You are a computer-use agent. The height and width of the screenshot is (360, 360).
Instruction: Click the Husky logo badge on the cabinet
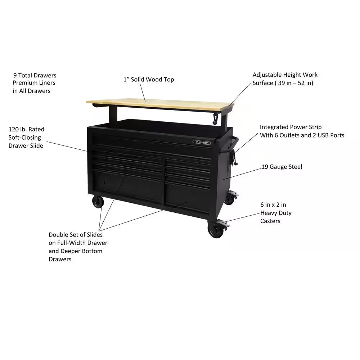tap(202, 142)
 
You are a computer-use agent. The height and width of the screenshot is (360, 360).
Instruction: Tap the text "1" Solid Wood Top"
tap(149, 79)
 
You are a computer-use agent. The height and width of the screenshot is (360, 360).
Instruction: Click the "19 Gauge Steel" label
tap(282, 167)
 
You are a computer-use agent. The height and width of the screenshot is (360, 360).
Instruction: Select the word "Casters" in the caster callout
tap(270, 221)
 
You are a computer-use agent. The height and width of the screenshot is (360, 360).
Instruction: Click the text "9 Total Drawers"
tap(35, 75)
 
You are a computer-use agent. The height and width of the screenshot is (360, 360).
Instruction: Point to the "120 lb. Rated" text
tap(26, 129)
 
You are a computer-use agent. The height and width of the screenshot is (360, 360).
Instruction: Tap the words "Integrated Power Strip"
tap(291, 127)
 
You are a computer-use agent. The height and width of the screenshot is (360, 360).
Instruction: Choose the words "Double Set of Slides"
tap(76, 234)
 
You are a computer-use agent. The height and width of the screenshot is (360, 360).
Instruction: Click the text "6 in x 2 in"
tap(273, 204)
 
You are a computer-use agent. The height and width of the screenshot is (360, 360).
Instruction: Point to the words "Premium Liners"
tap(34, 83)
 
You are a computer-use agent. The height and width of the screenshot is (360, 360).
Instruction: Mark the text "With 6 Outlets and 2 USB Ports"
tap(302, 135)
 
